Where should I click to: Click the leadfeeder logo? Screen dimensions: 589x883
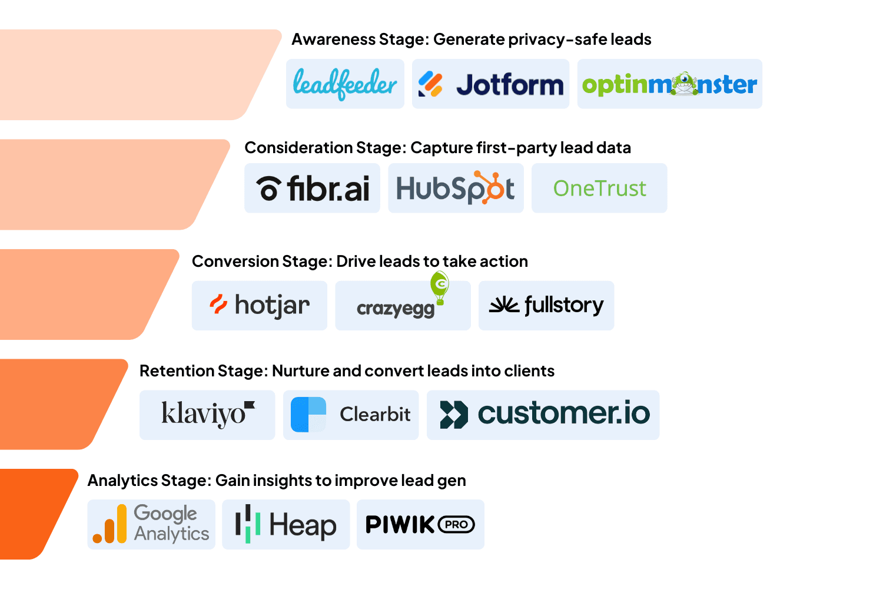[345, 84]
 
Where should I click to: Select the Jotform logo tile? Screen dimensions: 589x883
[490, 84]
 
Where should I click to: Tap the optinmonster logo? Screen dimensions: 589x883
[669, 84]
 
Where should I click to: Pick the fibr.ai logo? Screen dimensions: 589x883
[312, 188]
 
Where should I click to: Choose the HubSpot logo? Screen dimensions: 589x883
[456, 188]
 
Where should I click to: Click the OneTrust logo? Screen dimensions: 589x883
[599, 188]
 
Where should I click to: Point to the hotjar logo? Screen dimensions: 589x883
[259, 305]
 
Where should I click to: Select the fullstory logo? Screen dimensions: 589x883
[546, 305]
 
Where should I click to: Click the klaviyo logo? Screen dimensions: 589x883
[207, 415]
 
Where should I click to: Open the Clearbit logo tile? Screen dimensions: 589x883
[351, 415]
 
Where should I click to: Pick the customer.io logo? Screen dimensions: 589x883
[543, 415]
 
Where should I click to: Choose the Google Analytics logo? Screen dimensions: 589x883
[151, 524]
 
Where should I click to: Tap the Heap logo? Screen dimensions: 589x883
[286, 524]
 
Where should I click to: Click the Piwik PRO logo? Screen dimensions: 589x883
[420, 524]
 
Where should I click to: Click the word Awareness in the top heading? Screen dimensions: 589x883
[333, 39]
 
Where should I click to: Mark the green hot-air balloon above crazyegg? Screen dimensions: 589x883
[440, 286]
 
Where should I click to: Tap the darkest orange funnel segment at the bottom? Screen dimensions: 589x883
[32, 514]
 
